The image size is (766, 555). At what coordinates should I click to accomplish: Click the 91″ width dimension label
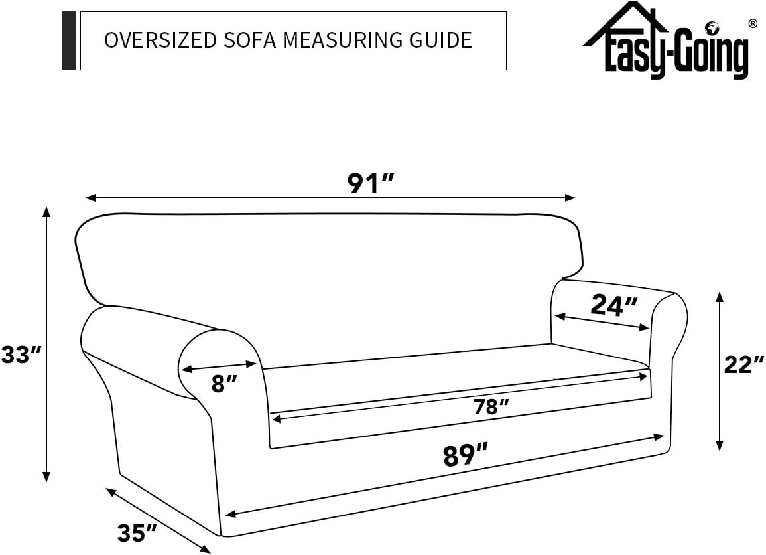tap(371, 184)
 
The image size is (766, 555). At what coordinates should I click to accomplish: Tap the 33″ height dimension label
tap(21, 355)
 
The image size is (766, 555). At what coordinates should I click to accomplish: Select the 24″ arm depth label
tap(613, 305)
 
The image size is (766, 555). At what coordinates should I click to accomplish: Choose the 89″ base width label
tap(465, 456)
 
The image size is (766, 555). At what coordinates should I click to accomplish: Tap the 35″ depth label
tap(137, 532)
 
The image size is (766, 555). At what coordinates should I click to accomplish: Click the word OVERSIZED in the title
tap(160, 40)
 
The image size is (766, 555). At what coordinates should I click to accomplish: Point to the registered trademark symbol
tap(752, 24)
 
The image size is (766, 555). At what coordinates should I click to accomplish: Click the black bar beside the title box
tap(69, 40)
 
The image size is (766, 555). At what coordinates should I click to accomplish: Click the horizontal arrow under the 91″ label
tap(330, 198)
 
